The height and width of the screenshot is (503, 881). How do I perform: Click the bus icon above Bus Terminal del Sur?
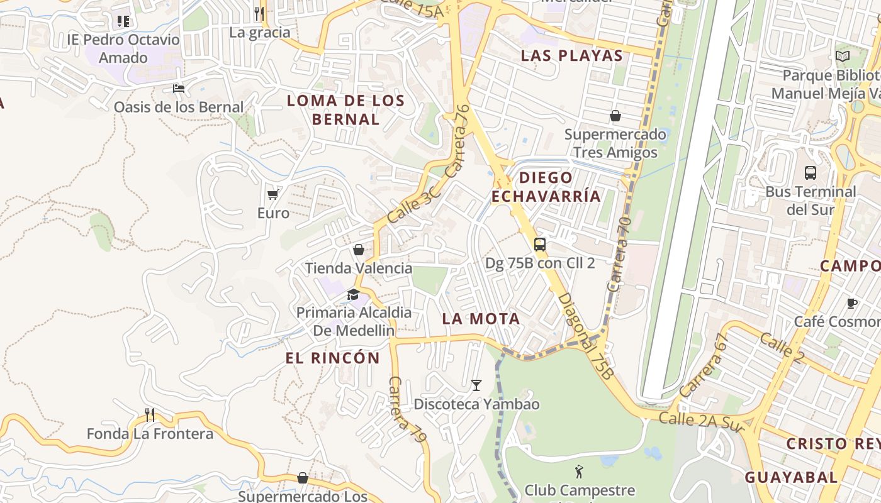(x=811, y=172)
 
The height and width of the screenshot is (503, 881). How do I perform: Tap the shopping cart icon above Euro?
(x=273, y=194)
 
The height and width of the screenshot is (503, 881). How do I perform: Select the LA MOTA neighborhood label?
(x=481, y=319)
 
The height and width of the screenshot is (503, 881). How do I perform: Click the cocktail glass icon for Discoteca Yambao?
(x=476, y=385)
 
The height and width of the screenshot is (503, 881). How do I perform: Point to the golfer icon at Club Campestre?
(x=579, y=471)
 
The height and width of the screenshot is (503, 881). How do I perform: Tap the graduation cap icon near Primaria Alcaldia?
(x=353, y=294)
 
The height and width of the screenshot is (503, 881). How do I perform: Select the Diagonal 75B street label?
(x=586, y=336)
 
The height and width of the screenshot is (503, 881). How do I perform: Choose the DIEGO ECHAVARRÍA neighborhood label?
(x=546, y=187)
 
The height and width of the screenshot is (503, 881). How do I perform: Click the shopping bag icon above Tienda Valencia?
(x=359, y=250)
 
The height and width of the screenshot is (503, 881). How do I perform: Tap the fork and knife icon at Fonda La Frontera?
(x=150, y=414)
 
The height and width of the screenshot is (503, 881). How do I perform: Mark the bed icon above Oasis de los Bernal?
(x=179, y=89)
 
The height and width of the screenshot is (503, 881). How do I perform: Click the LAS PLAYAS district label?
(x=571, y=55)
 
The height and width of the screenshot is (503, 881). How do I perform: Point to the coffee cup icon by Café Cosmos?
(x=852, y=303)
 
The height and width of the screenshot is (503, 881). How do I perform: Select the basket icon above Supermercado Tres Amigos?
(x=615, y=116)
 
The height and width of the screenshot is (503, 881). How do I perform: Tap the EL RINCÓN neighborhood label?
(x=332, y=358)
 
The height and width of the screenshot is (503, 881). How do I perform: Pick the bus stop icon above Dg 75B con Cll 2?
(x=540, y=245)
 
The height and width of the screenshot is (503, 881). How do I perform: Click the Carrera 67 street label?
(x=704, y=365)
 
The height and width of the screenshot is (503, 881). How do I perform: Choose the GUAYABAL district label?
(x=791, y=477)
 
